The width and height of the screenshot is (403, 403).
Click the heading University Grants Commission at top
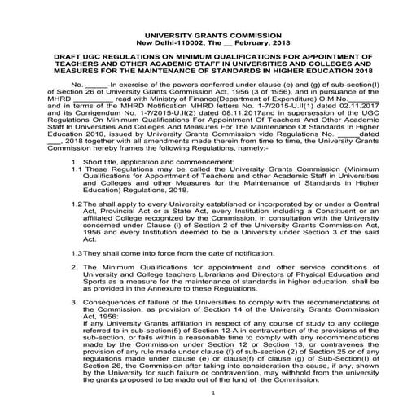(201, 36)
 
